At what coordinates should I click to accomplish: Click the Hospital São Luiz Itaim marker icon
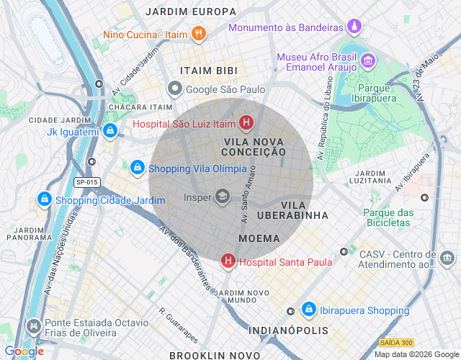click(246, 124)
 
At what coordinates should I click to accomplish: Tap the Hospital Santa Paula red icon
click(228, 261)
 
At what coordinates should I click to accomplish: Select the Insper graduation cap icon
click(223, 196)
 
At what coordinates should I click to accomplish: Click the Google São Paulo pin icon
click(174, 89)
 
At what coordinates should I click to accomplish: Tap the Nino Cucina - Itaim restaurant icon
click(200, 33)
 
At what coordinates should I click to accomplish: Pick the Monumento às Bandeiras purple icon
click(354, 27)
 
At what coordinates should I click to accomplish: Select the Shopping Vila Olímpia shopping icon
click(137, 168)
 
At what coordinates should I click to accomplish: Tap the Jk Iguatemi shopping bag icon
click(109, 131)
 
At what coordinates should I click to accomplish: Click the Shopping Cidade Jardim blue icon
click(44, 199)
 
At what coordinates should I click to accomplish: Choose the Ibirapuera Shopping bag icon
click(308, 310)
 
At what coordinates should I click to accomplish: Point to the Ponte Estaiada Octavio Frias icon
click(32, 327)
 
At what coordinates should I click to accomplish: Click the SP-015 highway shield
click(88, 182)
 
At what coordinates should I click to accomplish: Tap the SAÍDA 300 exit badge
click(395, 343)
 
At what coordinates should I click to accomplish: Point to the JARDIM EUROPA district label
click(190, 12)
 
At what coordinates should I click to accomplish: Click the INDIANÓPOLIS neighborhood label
click(288, 330)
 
